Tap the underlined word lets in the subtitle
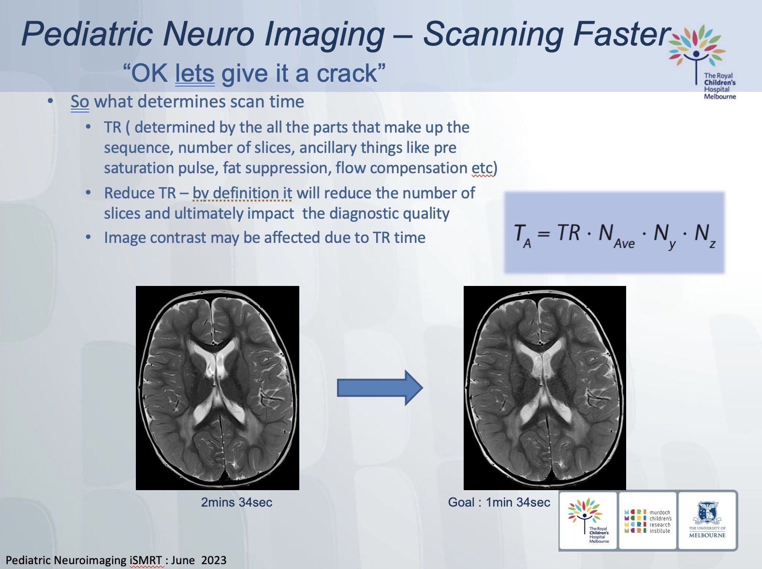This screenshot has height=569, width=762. [195, 74]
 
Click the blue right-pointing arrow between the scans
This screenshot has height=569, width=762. [380, 388]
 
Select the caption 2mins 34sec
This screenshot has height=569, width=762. [236, 502]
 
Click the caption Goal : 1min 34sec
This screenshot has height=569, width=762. [499, 502]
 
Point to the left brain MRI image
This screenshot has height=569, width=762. [217, 388]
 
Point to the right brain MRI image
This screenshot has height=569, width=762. [545, 388]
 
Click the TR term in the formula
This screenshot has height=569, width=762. [568, 232]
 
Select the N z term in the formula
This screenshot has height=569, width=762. [705, 236]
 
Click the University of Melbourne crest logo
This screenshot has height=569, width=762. [707, 520]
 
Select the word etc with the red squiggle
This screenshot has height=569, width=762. [482, 168]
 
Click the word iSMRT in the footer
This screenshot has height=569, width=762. [146, 560]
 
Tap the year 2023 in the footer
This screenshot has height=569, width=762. [214, 560]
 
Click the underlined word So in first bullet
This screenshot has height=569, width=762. [80, 102]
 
